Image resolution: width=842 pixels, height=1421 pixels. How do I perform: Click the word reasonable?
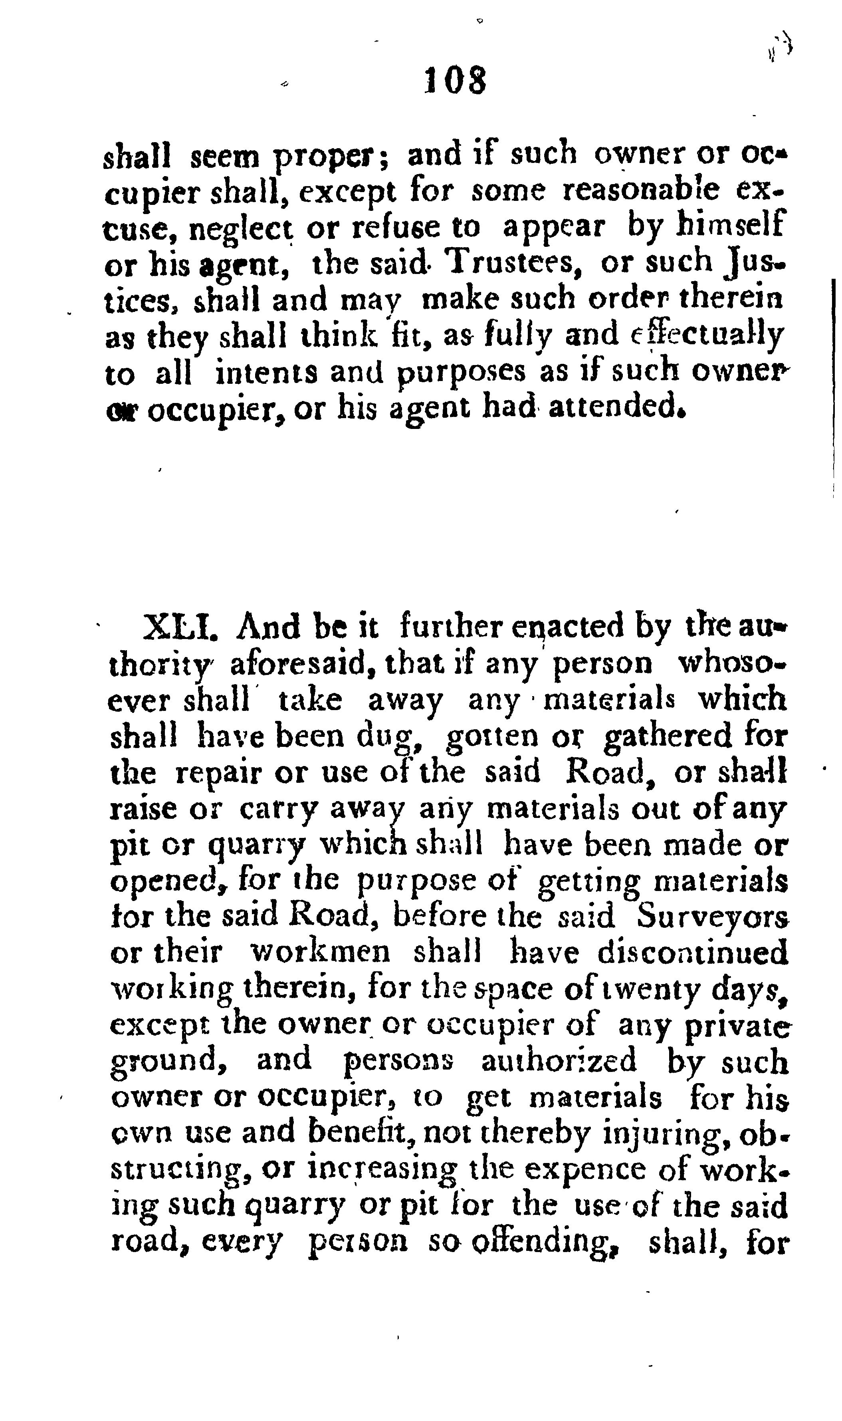[x=640, y=191]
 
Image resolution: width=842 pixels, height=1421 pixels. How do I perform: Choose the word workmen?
[x=321, y=953]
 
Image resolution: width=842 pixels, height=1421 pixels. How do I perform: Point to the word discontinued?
[x=692, y=953]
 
